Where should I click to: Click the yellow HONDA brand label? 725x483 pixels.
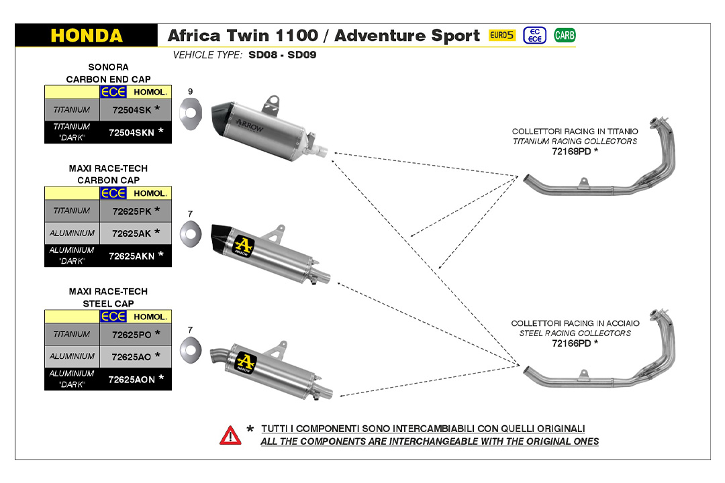[x=87, y=36]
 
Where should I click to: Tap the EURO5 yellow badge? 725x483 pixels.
[x=502, y=36]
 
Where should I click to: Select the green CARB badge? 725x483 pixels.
[x=565, y=36]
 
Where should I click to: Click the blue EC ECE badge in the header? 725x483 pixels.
[x=535, y=36]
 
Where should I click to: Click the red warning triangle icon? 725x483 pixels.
[x=230, y=435]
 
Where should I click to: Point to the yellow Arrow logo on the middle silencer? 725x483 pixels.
[x=243, y=246]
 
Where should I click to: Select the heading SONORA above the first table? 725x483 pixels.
[x=108, y=67]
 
